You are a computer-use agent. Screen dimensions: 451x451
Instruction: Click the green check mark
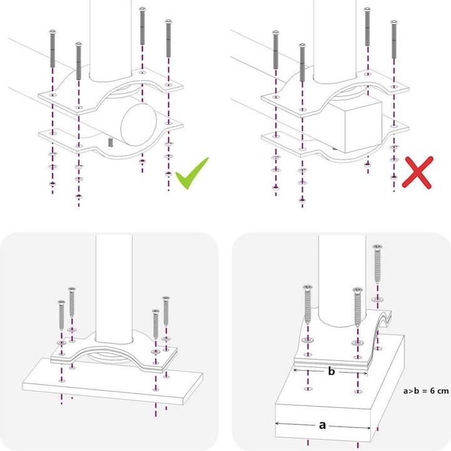191,174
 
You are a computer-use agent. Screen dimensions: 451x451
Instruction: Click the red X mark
418,172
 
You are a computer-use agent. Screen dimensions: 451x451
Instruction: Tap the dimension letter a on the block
323,425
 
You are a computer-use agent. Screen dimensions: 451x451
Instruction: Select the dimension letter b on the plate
331,371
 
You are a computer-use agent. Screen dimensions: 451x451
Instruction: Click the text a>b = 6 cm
427,391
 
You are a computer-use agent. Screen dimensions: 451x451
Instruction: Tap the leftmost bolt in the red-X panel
276,51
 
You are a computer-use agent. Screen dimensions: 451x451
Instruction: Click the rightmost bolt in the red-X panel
393,41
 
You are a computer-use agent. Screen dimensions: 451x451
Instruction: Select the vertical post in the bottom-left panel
114,282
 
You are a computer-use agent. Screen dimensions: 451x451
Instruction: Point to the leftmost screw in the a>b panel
308,305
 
